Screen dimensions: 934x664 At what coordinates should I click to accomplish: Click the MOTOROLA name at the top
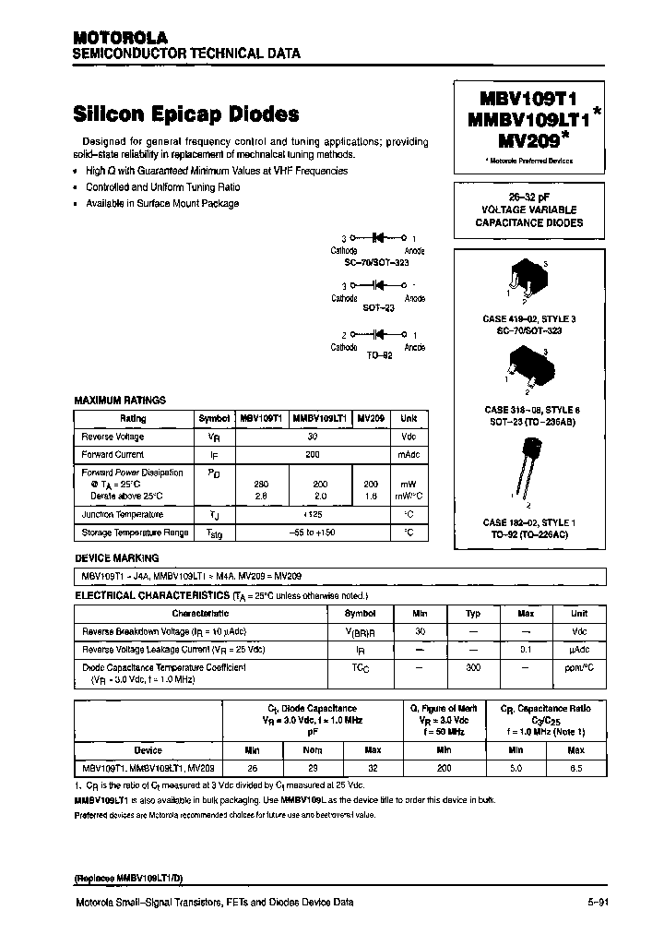[120, 38]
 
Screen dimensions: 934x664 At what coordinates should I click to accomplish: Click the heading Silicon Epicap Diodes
[185, 114]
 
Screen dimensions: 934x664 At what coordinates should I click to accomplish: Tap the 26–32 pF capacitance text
[528, 197]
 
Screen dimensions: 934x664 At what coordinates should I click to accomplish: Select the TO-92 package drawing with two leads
[527, 466]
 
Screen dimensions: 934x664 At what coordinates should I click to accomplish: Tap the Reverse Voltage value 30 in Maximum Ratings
[313, 437]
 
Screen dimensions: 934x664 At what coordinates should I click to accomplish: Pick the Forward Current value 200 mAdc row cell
[313, 454]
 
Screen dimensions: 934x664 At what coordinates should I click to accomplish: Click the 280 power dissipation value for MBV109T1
[262, 484]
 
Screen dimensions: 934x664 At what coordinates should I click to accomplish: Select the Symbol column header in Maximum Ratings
[214, 418]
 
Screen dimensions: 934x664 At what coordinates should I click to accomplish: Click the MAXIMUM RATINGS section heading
[120, 401]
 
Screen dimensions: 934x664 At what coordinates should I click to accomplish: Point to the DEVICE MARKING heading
[116, 558]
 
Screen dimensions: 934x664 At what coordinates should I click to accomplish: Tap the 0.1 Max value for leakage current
[526, 649]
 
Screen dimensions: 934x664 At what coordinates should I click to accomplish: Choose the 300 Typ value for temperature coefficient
[472, 666]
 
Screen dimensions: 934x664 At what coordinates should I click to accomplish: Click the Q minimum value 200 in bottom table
[445, 767]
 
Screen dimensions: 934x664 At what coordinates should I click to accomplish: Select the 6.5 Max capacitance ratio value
[575, 767]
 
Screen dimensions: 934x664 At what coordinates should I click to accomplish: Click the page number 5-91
[598, 903]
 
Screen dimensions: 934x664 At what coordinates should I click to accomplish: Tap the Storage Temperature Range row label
[135, 533]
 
